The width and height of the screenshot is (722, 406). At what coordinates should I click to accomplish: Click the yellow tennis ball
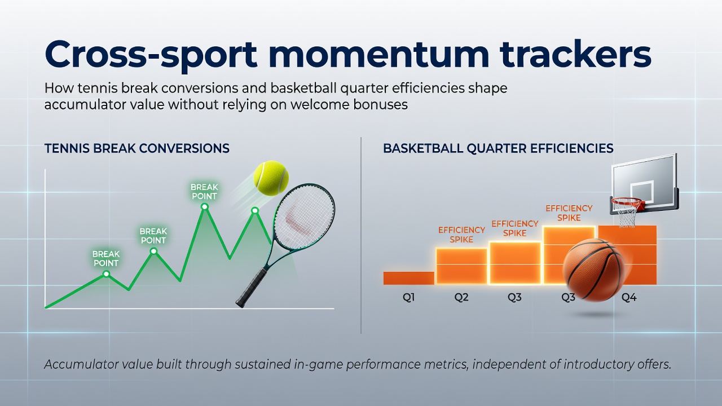pyautogui.click(x=271, y=178)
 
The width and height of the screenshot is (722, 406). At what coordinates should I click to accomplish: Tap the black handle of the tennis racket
pyautogui.click(x=252, y=288)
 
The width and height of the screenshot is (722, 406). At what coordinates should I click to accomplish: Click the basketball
pyautogui.click(x=594, y=270)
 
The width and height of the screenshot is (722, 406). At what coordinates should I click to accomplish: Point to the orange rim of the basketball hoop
pyautogui.click(x=627, y=202)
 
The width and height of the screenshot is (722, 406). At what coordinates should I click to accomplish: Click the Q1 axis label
pyautogui.click(x=408, y=297)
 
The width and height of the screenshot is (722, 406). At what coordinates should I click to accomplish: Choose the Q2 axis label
pyautogui.click(x=461, y=297)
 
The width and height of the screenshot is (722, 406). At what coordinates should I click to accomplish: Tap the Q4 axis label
pyautogui.click(x=629, y=297)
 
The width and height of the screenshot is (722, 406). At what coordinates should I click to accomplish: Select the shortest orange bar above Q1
pyautogui.click(x=409, y=278)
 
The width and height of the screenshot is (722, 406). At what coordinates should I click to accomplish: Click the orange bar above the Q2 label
pyautogui.click(x=461, y=266)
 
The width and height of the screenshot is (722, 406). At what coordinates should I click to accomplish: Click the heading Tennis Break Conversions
pyautogui.click(x=137, y=148)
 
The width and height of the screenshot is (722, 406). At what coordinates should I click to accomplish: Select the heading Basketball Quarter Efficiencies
pyautogui.click(x=498, y=148)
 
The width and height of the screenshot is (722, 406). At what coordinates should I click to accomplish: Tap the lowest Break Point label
pyautogui.click(x=105, y=258)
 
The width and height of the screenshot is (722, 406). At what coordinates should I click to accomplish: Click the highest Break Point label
pyautogui.click(x=204, y=191)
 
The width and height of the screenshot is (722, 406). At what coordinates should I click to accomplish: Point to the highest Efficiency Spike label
pyautogui.click(x=569, y=213)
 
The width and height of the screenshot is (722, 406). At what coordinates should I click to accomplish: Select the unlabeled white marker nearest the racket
pyautogui.click(x=255, y=211)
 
